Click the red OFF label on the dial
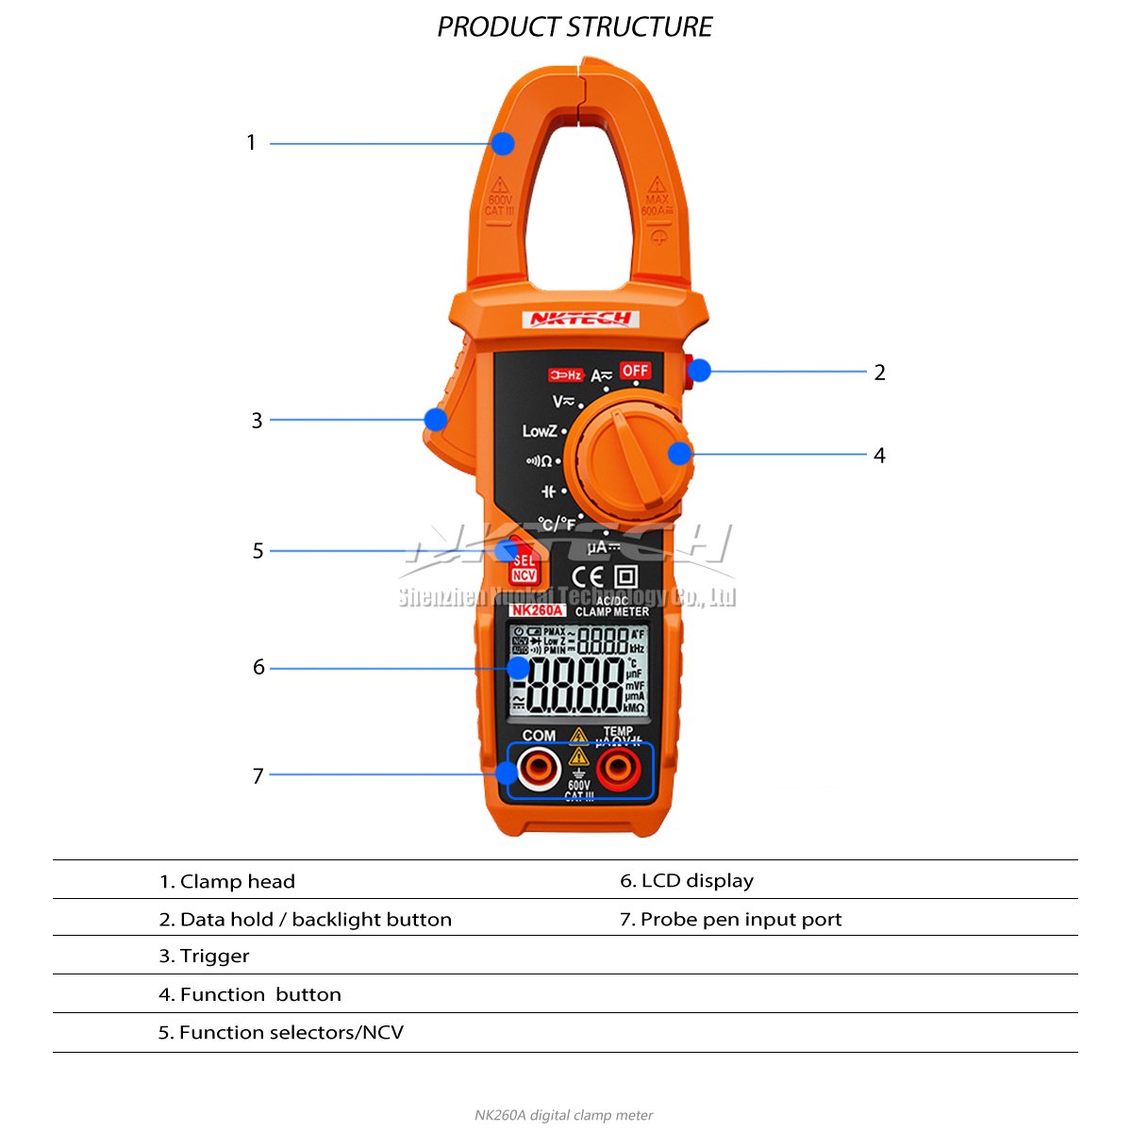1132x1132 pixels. click(x=635, y=370)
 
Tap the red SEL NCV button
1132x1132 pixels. click(x=523, y=567)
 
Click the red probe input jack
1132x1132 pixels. click(x=618, y=770)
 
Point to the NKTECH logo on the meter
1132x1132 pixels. click(x=580, y=319)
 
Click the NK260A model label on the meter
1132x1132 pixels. click(x=537, y=610)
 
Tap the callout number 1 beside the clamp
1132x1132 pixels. click(x=251, y=143)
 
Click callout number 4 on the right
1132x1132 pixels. click(x=879, y=456)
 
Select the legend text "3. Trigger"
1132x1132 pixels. click(x=204, y=956)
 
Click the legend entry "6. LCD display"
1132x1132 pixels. click(x=687, y=880)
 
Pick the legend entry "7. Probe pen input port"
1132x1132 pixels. click(x=730, y=919)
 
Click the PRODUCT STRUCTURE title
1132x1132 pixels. click(x=574, y=27)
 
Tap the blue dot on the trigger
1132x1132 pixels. click(x=436, y=420)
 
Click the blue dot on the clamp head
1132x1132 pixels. click(x=503, y=143)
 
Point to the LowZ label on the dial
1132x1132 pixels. click(x=540, y=431)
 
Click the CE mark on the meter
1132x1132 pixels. click(x=589, y=576)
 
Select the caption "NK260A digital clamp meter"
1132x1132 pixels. click(x=564, y=1115)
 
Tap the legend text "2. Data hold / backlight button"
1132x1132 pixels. click(x=305, y=919)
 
